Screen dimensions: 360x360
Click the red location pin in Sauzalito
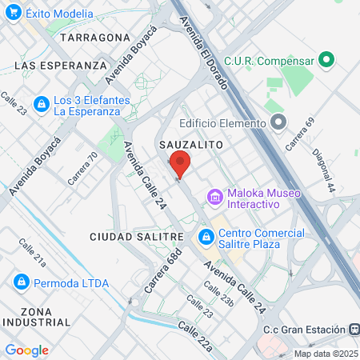(180, 165)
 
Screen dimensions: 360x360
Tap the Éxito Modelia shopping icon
(14, 14)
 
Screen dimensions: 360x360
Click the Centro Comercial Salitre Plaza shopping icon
(206, 238)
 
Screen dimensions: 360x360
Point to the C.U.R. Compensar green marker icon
(326, 59)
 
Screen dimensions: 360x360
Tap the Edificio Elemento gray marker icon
(278, 122)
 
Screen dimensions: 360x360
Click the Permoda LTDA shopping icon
(22, 282)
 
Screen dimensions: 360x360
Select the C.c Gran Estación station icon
(353, 330)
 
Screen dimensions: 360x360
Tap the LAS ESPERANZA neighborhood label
(61, 65)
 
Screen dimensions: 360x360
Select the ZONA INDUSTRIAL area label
(36, 316)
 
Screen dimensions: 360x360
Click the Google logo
(26, 350)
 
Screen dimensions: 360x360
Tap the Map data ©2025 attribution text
(326, 354)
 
